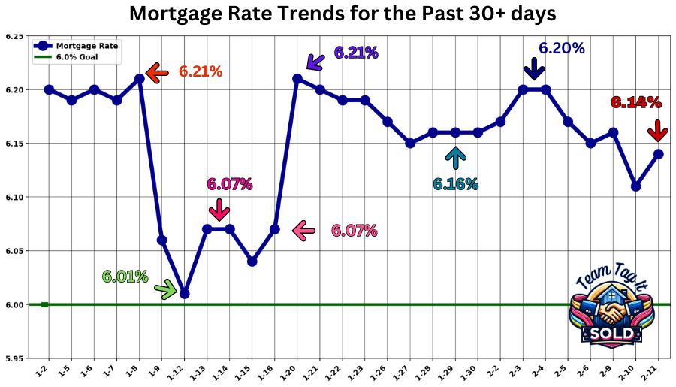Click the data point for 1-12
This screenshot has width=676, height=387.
[x=184, y=294]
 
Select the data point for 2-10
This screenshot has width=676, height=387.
[x=635, y=186]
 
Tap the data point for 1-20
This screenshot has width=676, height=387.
[x=297, y=78]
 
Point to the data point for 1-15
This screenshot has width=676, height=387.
[x=252, y=262]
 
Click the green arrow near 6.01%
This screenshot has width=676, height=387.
[x=165, y=287]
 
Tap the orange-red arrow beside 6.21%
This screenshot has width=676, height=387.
[x=157, y=73]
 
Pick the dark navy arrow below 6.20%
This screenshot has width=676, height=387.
[x=534, y=68]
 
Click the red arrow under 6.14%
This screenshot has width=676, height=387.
[x=657, y=129]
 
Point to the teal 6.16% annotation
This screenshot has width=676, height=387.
[x=455, y=184]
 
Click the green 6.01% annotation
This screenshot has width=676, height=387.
[x=125, y=277]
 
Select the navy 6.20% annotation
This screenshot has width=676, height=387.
[x=561, y=49]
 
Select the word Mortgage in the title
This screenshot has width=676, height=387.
[x=182, y=14]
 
